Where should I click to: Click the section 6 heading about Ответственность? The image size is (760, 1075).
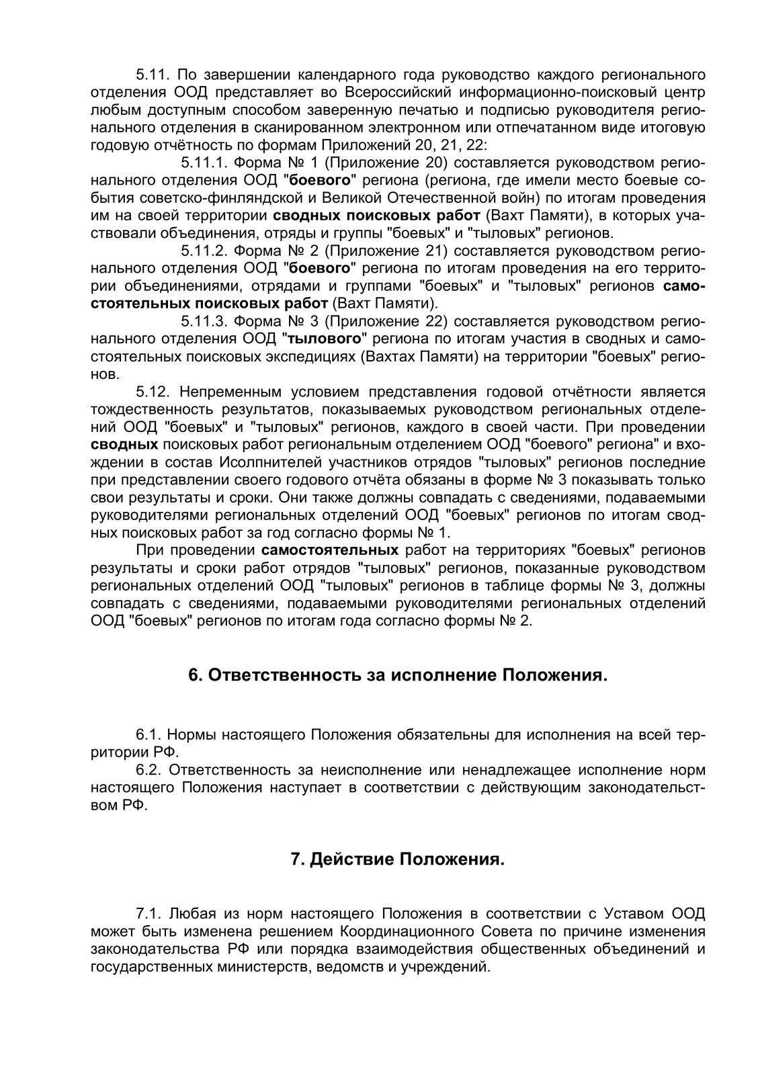coord(398,675)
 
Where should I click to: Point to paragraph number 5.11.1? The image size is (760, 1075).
coord(203,163)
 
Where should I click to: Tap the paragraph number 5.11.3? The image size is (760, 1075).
coord(203,320)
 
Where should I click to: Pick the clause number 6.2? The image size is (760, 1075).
coord(150,770)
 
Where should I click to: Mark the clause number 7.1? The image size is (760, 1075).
coord(149,914)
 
